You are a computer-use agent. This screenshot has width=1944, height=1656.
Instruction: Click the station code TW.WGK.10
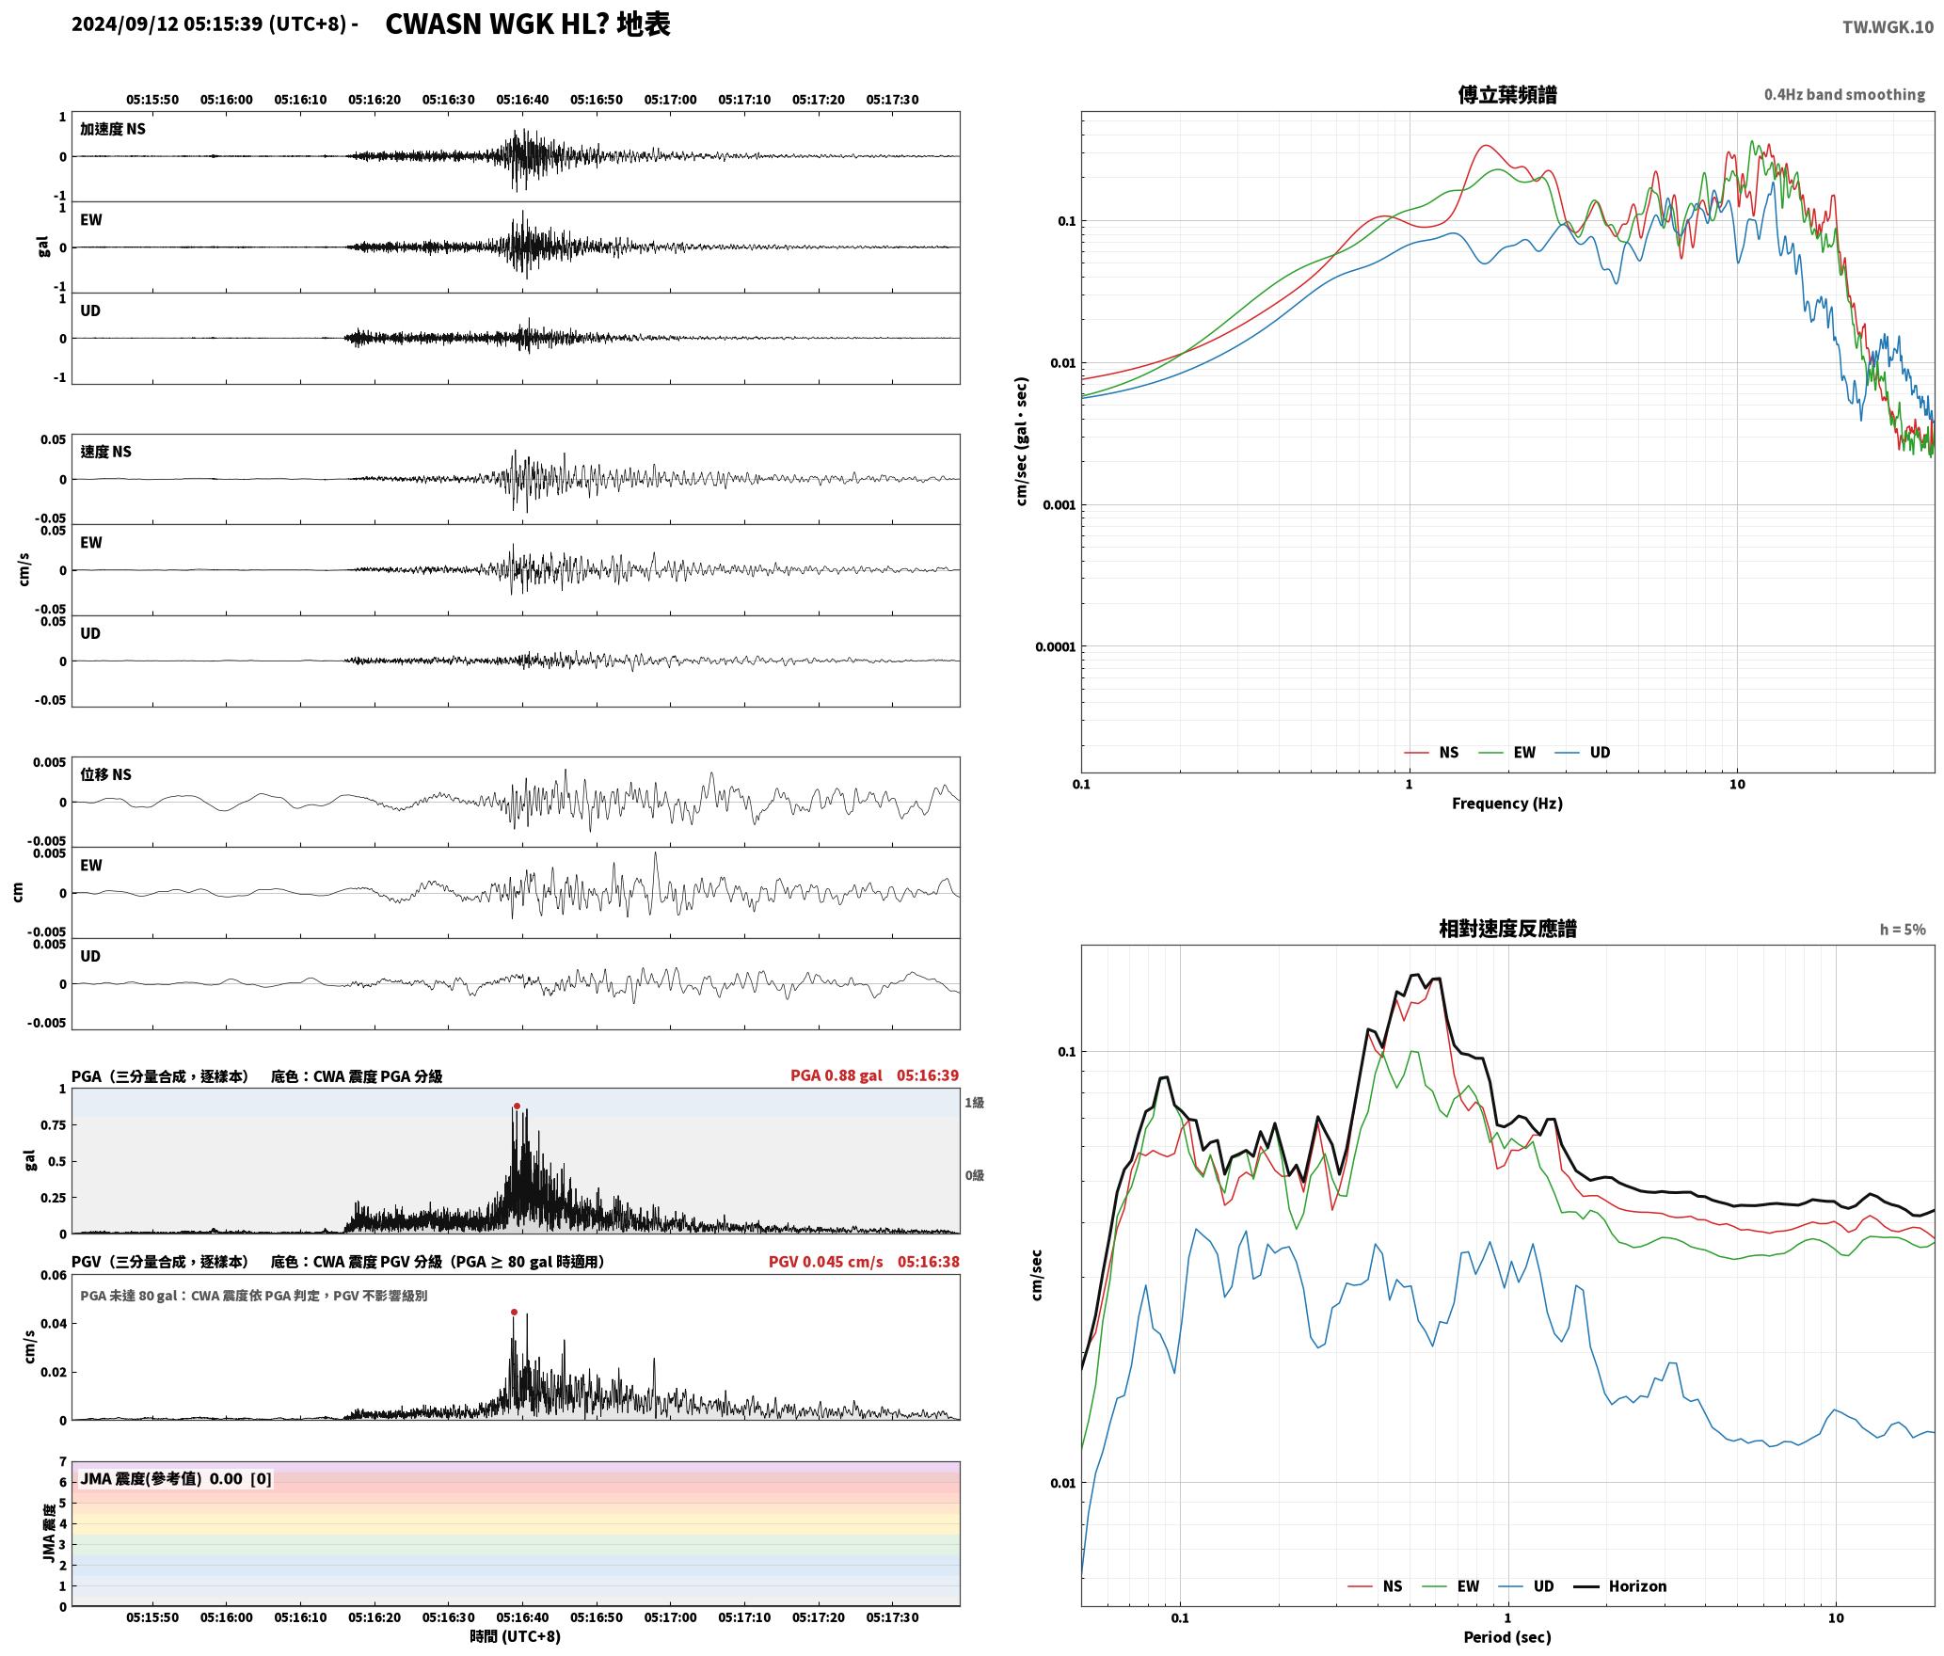1888,27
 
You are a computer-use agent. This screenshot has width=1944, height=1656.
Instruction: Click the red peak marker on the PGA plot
517,1106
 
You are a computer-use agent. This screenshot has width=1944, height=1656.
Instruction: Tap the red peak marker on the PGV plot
514,1312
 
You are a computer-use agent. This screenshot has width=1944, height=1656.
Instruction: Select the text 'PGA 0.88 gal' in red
836,1075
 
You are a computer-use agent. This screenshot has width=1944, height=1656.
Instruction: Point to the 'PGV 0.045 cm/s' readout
825,1262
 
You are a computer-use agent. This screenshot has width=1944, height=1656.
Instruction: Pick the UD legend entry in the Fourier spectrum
1583,752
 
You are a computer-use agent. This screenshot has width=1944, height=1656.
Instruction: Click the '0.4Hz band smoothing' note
1844,94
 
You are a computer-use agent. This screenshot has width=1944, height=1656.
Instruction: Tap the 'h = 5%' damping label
1903,930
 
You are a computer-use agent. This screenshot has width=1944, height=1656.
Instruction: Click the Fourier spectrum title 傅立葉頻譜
1507,94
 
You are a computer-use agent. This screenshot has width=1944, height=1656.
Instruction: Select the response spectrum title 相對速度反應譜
1507,929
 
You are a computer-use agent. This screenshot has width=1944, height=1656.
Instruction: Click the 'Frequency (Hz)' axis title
1507,803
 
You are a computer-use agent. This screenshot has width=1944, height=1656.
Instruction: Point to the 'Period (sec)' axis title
1507,1637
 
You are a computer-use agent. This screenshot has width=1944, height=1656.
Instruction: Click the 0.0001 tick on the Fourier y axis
1055,646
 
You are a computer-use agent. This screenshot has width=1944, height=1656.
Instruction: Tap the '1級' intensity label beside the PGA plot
974,1102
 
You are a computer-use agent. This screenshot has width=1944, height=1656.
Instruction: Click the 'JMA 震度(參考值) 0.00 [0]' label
176,1478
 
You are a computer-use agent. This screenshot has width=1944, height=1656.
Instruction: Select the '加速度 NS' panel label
113,129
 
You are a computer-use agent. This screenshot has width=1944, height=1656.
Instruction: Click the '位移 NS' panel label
105,774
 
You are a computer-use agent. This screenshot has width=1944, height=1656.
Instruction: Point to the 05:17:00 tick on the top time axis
670,99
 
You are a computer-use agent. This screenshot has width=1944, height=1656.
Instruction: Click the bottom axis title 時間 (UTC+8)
516,1636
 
